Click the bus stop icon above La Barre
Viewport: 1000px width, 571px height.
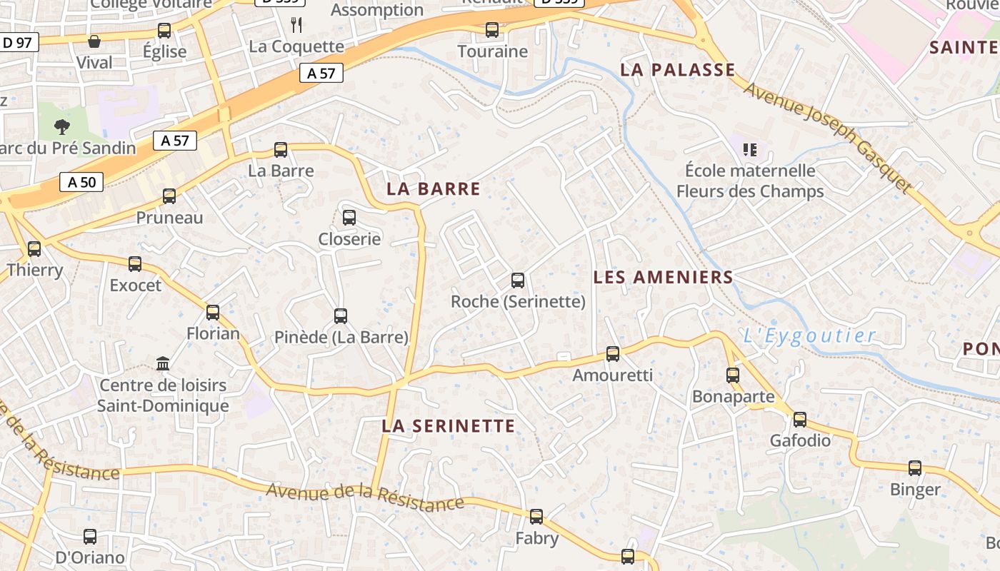tap(281, 150)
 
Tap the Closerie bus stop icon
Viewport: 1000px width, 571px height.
tap(349, 218)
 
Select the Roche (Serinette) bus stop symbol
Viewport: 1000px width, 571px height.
tap(518, 281)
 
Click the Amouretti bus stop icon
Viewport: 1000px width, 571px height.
tap(613, 353)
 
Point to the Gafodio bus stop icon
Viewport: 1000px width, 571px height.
tap(800, 420)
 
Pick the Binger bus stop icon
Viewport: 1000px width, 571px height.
tap(915, 468)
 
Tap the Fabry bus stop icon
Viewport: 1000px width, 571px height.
tap(536, 516)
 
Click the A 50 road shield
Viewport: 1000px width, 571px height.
tap(81, 182)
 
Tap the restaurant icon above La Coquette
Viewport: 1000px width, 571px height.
tap(297, 25)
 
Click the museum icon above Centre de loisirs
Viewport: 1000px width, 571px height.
tap(163, 364)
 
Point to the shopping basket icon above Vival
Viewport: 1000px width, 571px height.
tap(94, 41)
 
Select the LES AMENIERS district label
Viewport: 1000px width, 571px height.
tap(664, 277)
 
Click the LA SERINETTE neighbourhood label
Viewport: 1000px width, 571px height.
tap(448, 426)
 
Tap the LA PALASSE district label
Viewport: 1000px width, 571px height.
tap(677, 69)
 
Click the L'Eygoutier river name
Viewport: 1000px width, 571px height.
tap(809, 335)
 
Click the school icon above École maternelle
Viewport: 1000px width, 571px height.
tap(749, 150)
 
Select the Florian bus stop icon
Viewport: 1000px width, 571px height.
tap(213, 312)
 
